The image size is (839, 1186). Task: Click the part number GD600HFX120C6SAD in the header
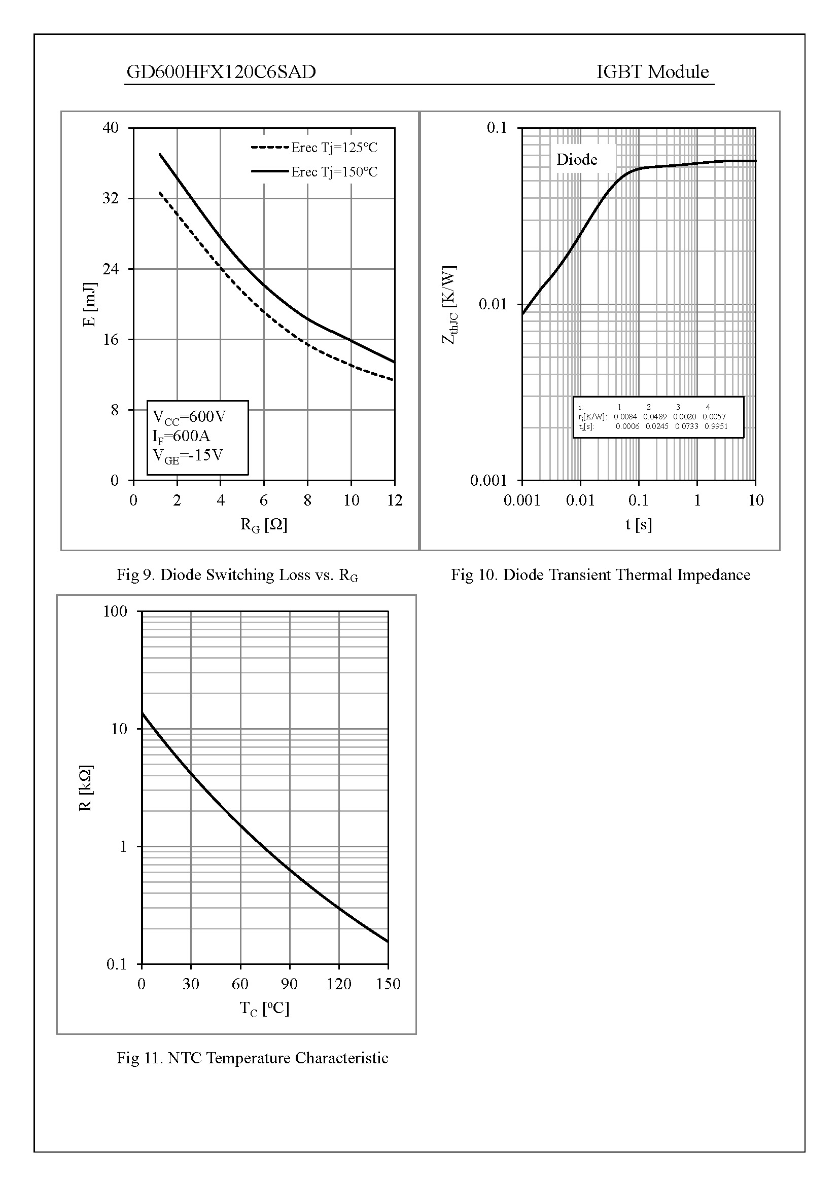tap(221, 72)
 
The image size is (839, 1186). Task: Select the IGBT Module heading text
tap(652, 72)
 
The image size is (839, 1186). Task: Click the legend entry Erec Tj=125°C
tap(334, 148)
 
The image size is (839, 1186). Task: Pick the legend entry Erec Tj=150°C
tap(334, 172)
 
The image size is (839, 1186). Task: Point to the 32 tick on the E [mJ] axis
tap(111, 198)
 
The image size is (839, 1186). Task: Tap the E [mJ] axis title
tap(90, 304)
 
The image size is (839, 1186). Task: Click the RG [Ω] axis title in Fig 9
tap(263, 525)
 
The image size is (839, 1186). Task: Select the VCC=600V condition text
tap(190, 417)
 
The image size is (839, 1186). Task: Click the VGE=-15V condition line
tap(188, 456)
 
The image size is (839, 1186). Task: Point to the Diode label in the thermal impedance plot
tap(577, 160)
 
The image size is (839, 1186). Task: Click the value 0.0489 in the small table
tap(654, 416)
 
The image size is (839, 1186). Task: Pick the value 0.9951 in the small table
tap(716, 426)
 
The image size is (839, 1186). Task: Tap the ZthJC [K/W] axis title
tap(449, 305)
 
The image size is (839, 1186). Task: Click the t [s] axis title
tap(639, 525)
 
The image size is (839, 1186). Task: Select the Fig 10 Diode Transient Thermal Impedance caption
tap(600, 575)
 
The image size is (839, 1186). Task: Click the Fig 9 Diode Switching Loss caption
tap(237, 575)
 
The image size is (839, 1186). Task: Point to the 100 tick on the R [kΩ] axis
tap(115, 612)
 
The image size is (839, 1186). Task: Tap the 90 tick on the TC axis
tap(289, 984)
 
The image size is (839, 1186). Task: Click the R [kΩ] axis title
tap(86, 788)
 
